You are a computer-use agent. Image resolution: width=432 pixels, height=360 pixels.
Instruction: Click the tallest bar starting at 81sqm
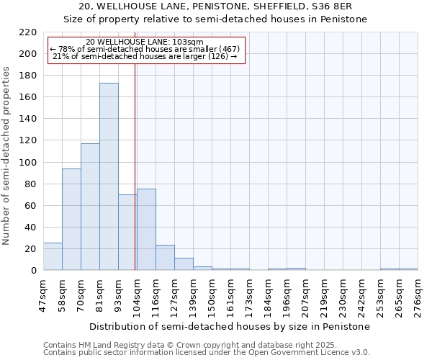109,176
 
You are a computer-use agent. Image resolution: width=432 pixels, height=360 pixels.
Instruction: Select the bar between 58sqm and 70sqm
71,220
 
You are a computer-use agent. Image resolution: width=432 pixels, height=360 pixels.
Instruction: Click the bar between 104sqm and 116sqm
146,230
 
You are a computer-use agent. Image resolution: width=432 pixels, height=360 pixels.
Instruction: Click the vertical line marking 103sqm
135,166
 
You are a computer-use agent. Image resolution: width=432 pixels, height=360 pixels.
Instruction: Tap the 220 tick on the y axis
28,32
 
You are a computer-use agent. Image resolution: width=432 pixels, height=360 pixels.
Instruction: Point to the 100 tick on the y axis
28,162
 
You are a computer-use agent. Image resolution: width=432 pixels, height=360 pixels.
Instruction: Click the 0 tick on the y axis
33,271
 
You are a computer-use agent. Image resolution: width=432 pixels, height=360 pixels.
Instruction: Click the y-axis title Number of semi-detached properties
7,156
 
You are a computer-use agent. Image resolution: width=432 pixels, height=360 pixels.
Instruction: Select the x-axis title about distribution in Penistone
230,326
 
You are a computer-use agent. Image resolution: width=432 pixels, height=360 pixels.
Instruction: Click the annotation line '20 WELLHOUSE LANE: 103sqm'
145,42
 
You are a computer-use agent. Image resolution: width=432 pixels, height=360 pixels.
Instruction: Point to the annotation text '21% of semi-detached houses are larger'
145,56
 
